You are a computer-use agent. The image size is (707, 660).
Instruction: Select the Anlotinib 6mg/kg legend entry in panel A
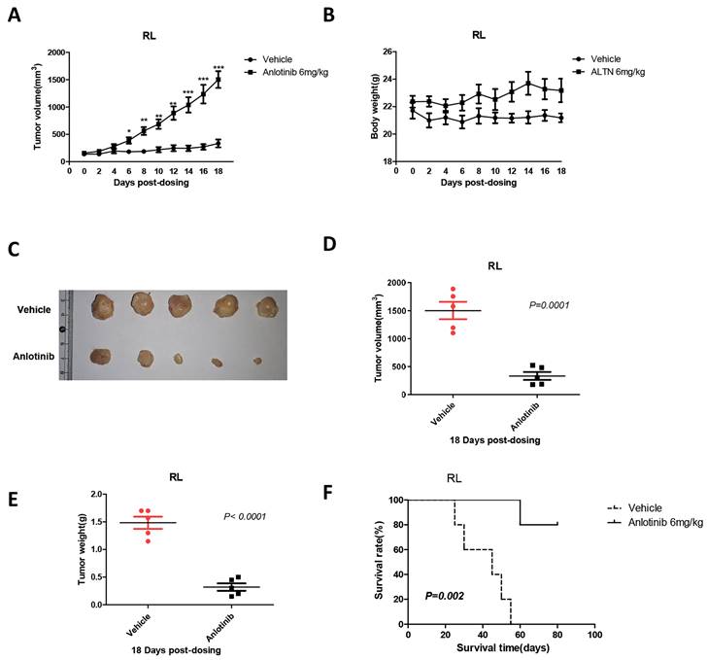coord(297,70)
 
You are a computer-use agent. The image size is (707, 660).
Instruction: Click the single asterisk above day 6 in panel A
coord(129,129)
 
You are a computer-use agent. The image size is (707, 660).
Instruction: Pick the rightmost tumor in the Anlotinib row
coord(257,361)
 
